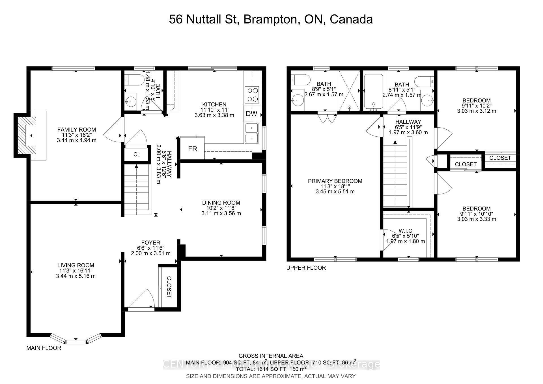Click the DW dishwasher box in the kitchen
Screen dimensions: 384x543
pyautogui.click(x=252, y=114)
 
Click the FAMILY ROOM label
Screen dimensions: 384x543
pyautogui.click(x=77, y=130)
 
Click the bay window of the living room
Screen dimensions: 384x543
pyautogui.click(x=76, y=340)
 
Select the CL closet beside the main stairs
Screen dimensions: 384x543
pyautogui.click(x=137, y=155)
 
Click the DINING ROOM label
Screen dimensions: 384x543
pyautogui.click(x=221, y=203)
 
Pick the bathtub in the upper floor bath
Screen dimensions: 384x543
pyautogui.click(x=373, y=91)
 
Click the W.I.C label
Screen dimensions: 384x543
pyautogui.click(x=406, y=231)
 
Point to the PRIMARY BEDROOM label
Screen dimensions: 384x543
pyautogui.click(x=335, y=181)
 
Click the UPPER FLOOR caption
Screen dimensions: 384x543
pyautogui.click(x=306, y=268)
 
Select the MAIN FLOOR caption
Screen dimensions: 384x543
pyautogui.click(x=44, y=348)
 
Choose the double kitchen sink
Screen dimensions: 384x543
pyautogui.click(x=251, y=133)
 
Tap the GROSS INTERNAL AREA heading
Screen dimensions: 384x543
pyautogui.click(x=271, y=356)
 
